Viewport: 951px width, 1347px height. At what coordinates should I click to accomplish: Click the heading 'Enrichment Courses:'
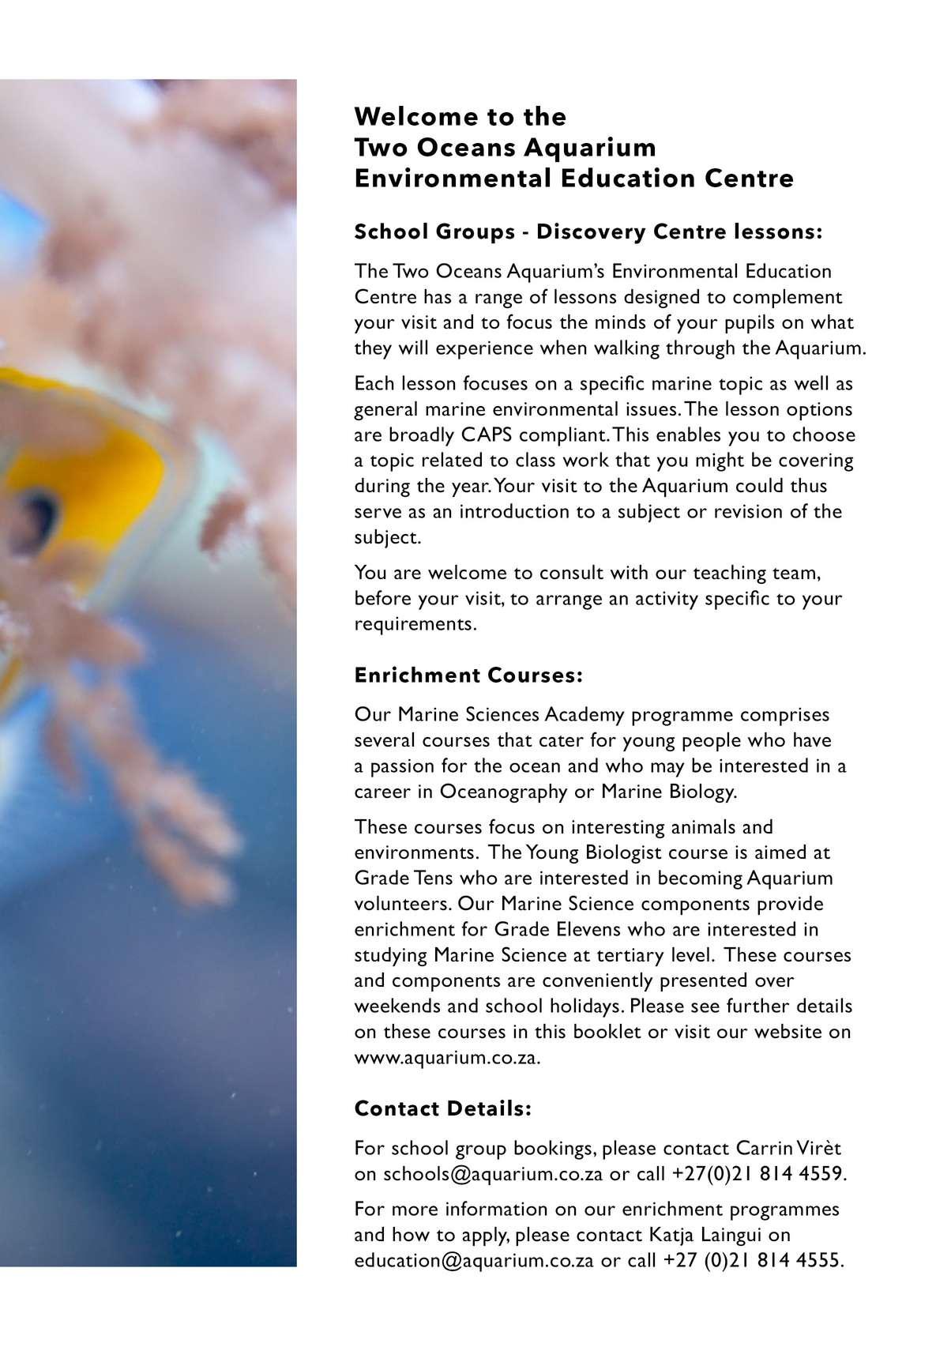468,675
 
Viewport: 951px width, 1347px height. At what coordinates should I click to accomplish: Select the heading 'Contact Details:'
443,1108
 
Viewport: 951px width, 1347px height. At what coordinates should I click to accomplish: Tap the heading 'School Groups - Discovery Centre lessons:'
588,231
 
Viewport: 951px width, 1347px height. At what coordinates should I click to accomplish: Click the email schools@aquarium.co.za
493,1173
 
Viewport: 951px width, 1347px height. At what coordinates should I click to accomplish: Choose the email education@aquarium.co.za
474,1260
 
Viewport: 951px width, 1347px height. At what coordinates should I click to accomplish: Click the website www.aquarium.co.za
447,1057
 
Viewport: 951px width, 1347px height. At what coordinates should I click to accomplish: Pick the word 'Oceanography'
503,791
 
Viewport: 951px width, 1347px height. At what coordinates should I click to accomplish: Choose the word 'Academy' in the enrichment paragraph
584,714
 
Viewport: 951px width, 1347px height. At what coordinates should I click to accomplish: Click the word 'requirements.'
415,623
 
